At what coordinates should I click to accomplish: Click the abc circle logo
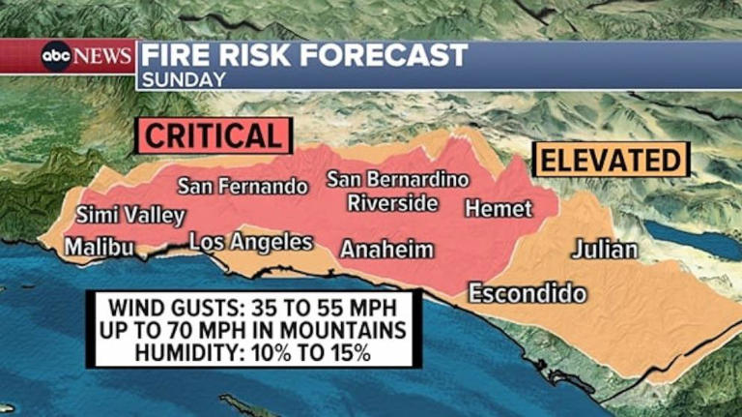tap(55, 56)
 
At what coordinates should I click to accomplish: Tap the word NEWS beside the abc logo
tap(102, 56)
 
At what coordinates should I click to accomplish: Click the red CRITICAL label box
tap(214, 135)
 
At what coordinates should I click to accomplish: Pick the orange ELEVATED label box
tap(611, 160)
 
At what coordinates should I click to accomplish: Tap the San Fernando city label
tap(243, 186)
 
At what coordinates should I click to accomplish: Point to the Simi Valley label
tap(129, 215)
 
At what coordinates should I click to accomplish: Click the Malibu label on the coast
tap(99, 248)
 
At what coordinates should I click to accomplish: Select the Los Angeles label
tap(250, 242)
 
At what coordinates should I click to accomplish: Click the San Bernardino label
tap(397, 180)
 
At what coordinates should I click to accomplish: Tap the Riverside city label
tap(392, 203)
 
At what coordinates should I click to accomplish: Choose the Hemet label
tap(499, 208)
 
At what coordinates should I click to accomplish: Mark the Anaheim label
tap(386, 250)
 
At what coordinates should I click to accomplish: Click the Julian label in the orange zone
tap(605, 250)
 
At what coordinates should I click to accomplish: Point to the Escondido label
tap(528, 292)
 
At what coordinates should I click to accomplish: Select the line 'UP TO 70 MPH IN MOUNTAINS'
tap(252, 331)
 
